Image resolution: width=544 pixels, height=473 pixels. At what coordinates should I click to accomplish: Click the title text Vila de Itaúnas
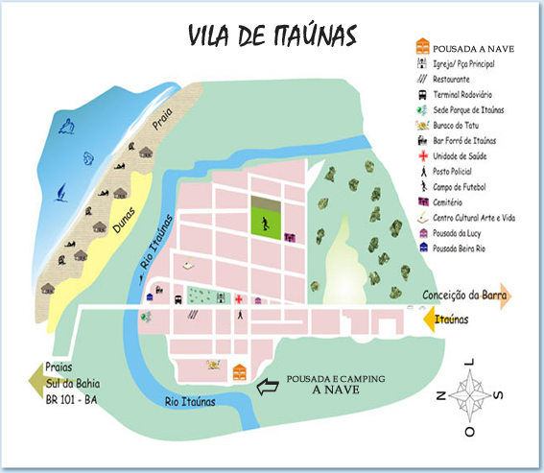point(272,35)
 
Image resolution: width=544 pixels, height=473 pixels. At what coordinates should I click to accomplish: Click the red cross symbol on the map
point(239,299)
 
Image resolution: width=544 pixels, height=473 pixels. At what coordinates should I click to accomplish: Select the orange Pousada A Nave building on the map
point(240,370)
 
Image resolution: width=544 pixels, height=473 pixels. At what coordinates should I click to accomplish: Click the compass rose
point(469,395)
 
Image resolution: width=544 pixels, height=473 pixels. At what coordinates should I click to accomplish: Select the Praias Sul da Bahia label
point(72,382)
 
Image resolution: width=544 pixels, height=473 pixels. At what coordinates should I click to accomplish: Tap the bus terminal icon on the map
point(178,299)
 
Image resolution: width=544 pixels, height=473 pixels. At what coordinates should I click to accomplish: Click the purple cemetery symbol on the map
point(287,233)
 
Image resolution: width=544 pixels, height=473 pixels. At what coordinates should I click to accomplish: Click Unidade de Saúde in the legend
point(461,156)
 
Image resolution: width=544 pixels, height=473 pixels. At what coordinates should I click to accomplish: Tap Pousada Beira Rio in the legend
point(464,248)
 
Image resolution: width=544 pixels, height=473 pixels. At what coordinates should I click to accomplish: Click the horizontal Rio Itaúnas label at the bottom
point(189,402)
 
